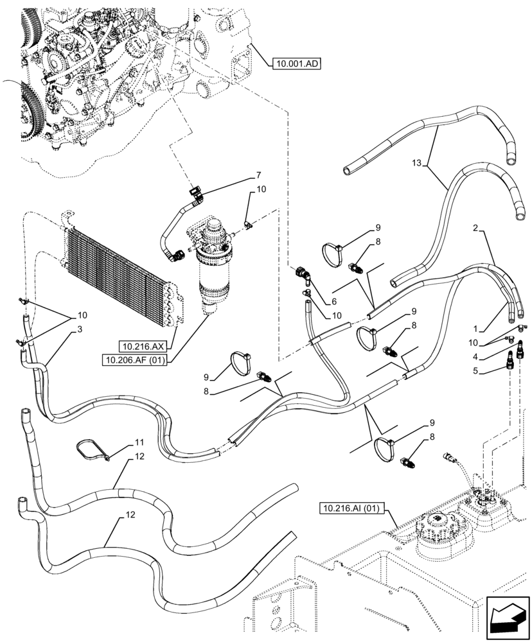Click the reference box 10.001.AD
(296, 64)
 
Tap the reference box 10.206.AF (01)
(134, 360)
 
